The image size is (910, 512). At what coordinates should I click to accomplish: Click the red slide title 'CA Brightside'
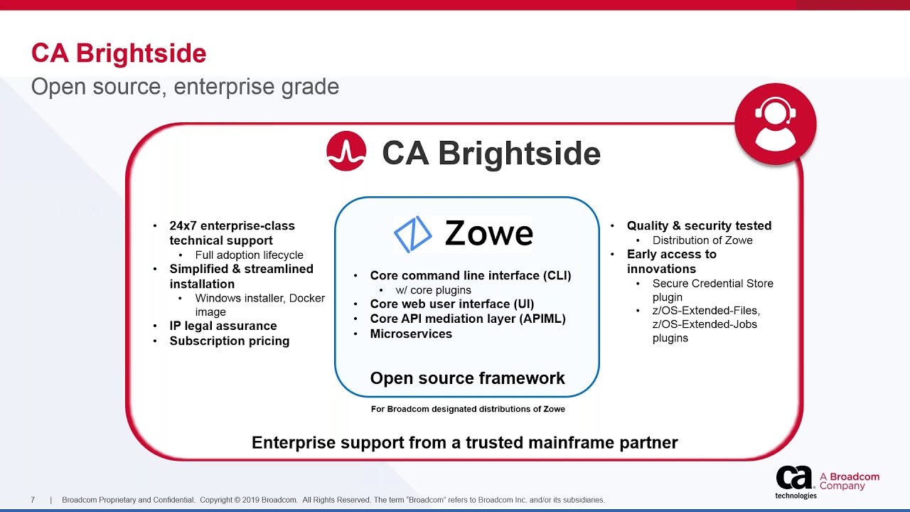coord(119,53)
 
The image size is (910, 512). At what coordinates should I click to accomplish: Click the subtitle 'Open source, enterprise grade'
coord(185,87)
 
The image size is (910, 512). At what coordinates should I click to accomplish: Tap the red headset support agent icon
coord(775,124)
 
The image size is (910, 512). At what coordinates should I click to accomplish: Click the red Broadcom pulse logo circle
coord(346,151)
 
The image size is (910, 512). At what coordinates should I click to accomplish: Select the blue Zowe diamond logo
coord(413,234)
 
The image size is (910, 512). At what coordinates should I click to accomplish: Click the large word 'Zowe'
coord(488,233)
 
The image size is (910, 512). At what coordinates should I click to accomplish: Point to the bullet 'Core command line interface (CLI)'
coord(470,276)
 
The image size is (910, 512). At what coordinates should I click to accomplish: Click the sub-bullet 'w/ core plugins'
coord(434,290)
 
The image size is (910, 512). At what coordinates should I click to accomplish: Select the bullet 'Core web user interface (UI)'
coord(451,304)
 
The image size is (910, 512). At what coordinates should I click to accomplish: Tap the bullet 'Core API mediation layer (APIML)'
coord(468,319)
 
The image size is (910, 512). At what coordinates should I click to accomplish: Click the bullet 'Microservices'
coord(411,334)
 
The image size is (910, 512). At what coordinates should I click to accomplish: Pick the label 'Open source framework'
coord(467,378)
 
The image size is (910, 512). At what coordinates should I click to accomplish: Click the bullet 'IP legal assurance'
coord(223,326)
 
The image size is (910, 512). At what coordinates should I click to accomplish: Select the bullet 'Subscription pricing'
coord(229,341)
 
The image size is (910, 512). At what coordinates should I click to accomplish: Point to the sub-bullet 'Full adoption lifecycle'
coord(249,255)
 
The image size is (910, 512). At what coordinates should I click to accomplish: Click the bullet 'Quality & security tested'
coord(699,225)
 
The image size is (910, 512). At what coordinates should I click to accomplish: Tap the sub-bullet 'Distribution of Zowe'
coord(702,240)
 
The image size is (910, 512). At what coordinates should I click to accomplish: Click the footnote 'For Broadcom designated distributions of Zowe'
coord(468,409)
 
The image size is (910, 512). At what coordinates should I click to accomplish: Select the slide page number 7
coord(33,500)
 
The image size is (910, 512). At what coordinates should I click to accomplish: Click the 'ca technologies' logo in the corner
coord(796,482)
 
